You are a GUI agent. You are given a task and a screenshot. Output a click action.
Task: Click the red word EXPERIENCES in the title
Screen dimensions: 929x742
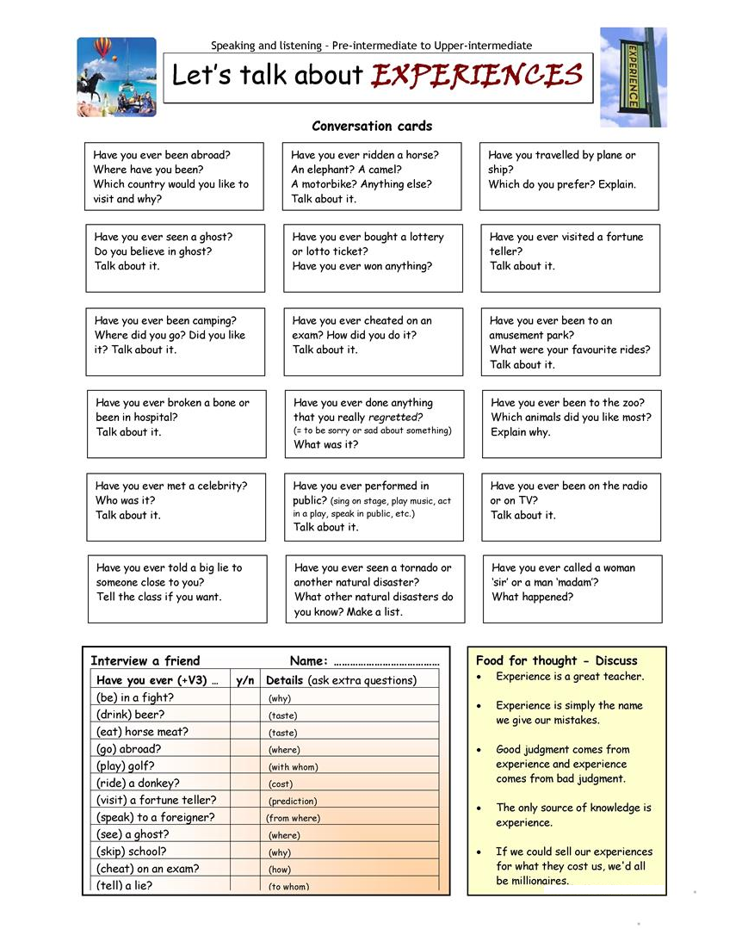click(477, 76)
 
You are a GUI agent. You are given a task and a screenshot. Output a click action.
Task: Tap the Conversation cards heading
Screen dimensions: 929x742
click(372, 126)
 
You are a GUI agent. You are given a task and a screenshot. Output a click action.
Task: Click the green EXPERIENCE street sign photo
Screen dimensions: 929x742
click(633, 77)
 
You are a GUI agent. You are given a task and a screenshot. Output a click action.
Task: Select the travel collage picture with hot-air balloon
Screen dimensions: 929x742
click(116, 77)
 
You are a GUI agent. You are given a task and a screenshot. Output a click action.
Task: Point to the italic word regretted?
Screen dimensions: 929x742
click(396, 417)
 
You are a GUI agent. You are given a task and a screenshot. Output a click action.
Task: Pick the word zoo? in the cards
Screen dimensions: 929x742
click(630, 402)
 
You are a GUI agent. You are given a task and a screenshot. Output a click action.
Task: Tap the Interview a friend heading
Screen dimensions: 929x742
click(145, 661)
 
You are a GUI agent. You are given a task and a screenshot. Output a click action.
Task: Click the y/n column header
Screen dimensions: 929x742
click(244, 680)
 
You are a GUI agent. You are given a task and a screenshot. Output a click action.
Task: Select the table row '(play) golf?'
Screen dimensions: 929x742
click(128, 766)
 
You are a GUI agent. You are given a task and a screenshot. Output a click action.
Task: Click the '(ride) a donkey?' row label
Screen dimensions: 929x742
click(138, 783)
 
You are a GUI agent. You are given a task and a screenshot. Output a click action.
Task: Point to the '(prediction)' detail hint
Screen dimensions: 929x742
click(293, 802)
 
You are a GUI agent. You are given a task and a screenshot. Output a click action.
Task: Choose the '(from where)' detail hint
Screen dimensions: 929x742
click(293, 819)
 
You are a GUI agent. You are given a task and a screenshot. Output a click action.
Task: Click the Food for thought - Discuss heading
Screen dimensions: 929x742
click(556, 661)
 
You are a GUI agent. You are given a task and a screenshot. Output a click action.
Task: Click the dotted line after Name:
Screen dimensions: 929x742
click(386, 663)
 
